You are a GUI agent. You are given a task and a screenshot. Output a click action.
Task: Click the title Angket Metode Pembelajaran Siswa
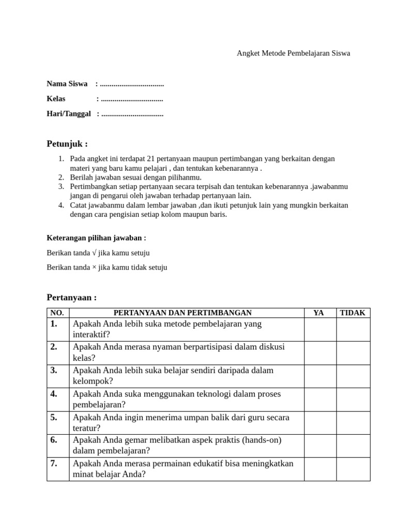tap(293, 53)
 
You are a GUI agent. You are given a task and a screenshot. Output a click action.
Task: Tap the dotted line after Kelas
tap(132, 99)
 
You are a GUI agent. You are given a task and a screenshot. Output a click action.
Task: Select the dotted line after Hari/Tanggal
tap(132, 114)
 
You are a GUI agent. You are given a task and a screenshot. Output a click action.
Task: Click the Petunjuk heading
tap(67, 143)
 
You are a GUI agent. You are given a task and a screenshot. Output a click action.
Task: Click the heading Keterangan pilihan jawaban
tap(96, 238)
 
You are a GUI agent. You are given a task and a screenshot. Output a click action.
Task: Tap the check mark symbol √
tap(94, 253)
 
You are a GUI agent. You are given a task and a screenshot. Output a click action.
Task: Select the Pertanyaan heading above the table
tap(71, 298)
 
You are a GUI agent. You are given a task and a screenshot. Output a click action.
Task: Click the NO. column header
tap(57, 313)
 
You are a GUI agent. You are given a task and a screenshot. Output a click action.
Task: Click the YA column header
tap(319, 313)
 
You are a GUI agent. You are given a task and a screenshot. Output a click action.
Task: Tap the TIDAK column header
tap(353, 313)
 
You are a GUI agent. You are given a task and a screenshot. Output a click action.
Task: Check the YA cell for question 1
tap(319, 329)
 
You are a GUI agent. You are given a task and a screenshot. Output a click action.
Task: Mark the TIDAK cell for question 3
tap(353, 376)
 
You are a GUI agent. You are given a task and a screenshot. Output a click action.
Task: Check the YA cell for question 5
tap(319, 422)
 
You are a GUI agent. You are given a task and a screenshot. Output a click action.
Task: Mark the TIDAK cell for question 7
tap(353, 469)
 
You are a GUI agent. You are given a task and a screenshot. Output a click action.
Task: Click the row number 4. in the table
tap(54, 394)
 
